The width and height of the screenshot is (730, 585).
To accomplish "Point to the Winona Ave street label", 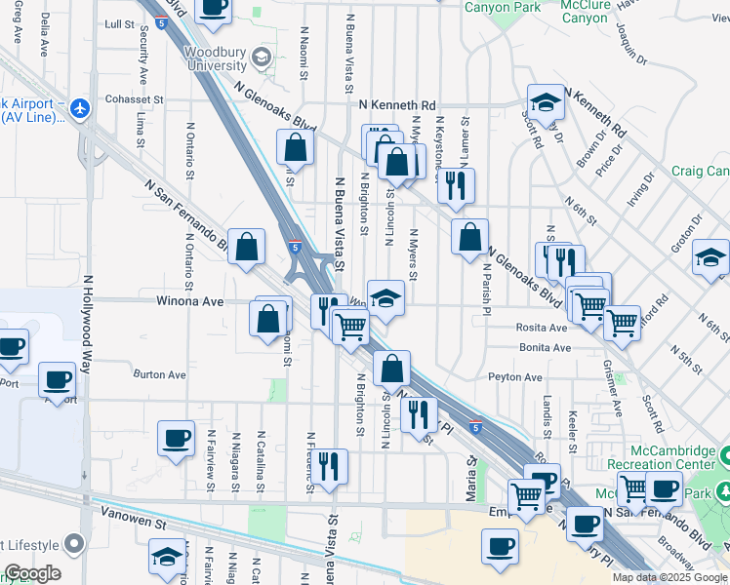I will (x=190, y=301).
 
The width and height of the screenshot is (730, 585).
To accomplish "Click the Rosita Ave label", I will (x=544, y=328).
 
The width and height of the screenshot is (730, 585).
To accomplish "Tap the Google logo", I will (x=31, y=573).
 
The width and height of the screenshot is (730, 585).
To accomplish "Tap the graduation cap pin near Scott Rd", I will (x=545, y=100).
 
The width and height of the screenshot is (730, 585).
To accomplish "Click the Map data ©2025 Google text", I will (x=669, y=577).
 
